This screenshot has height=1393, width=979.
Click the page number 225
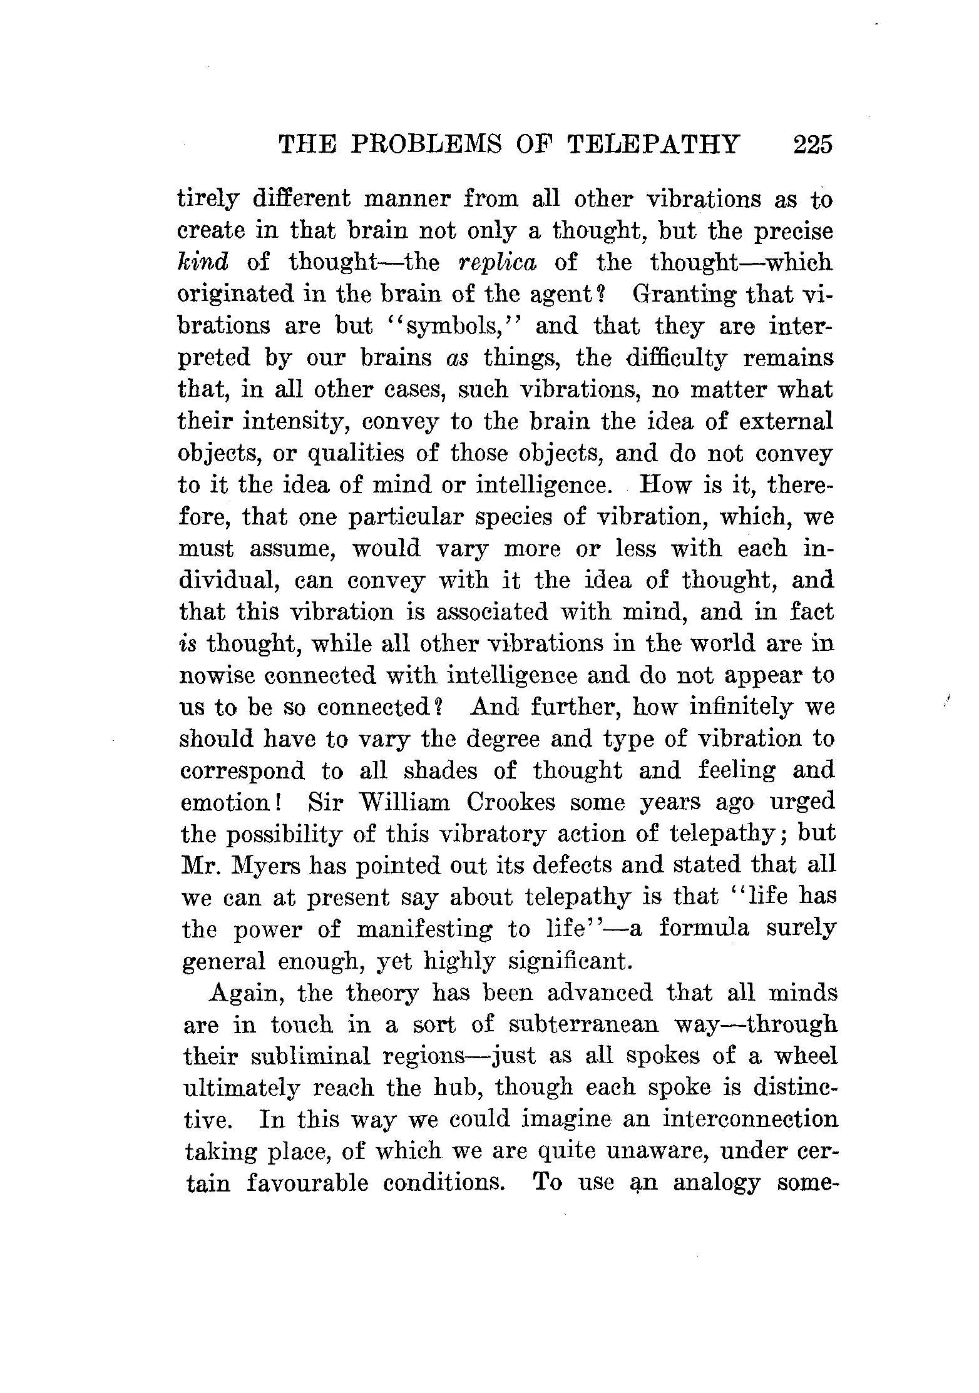812,145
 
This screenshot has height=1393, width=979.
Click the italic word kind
203,262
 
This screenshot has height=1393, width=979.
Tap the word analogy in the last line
717,1183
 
